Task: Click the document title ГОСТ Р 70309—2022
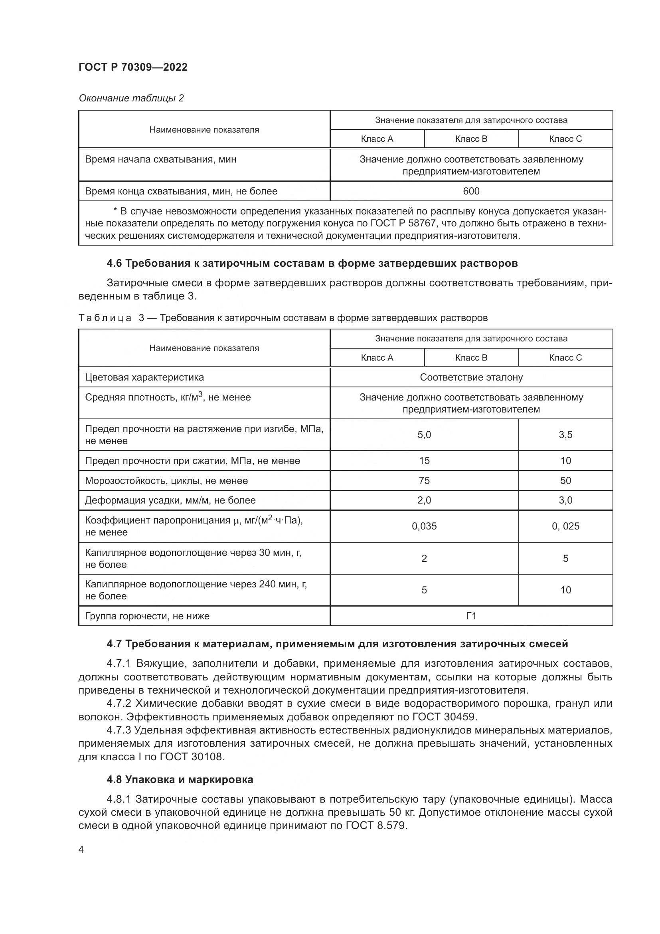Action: click(133, 67)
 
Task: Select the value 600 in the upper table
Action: click(471, 191)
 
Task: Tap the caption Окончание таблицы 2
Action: click(131, 98)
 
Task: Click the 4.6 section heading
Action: click(312, 263)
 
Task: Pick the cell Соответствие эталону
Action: click(471, 377)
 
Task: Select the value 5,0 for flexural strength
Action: click(424, 435)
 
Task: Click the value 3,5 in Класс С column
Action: click(565, 435)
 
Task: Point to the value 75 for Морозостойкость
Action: click(424, 480)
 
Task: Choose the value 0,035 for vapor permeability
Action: click(424, 526)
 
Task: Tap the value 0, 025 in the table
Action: click(565, 526)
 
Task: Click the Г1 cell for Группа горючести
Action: click(471, 616)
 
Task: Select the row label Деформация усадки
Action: click(170, 500)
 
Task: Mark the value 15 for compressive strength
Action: click(424, 460)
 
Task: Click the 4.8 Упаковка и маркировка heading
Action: click(180, 779)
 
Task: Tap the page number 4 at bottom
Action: click(81, 849)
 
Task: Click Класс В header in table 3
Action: click(471, 357)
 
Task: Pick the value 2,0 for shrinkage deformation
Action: click(424, 500)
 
